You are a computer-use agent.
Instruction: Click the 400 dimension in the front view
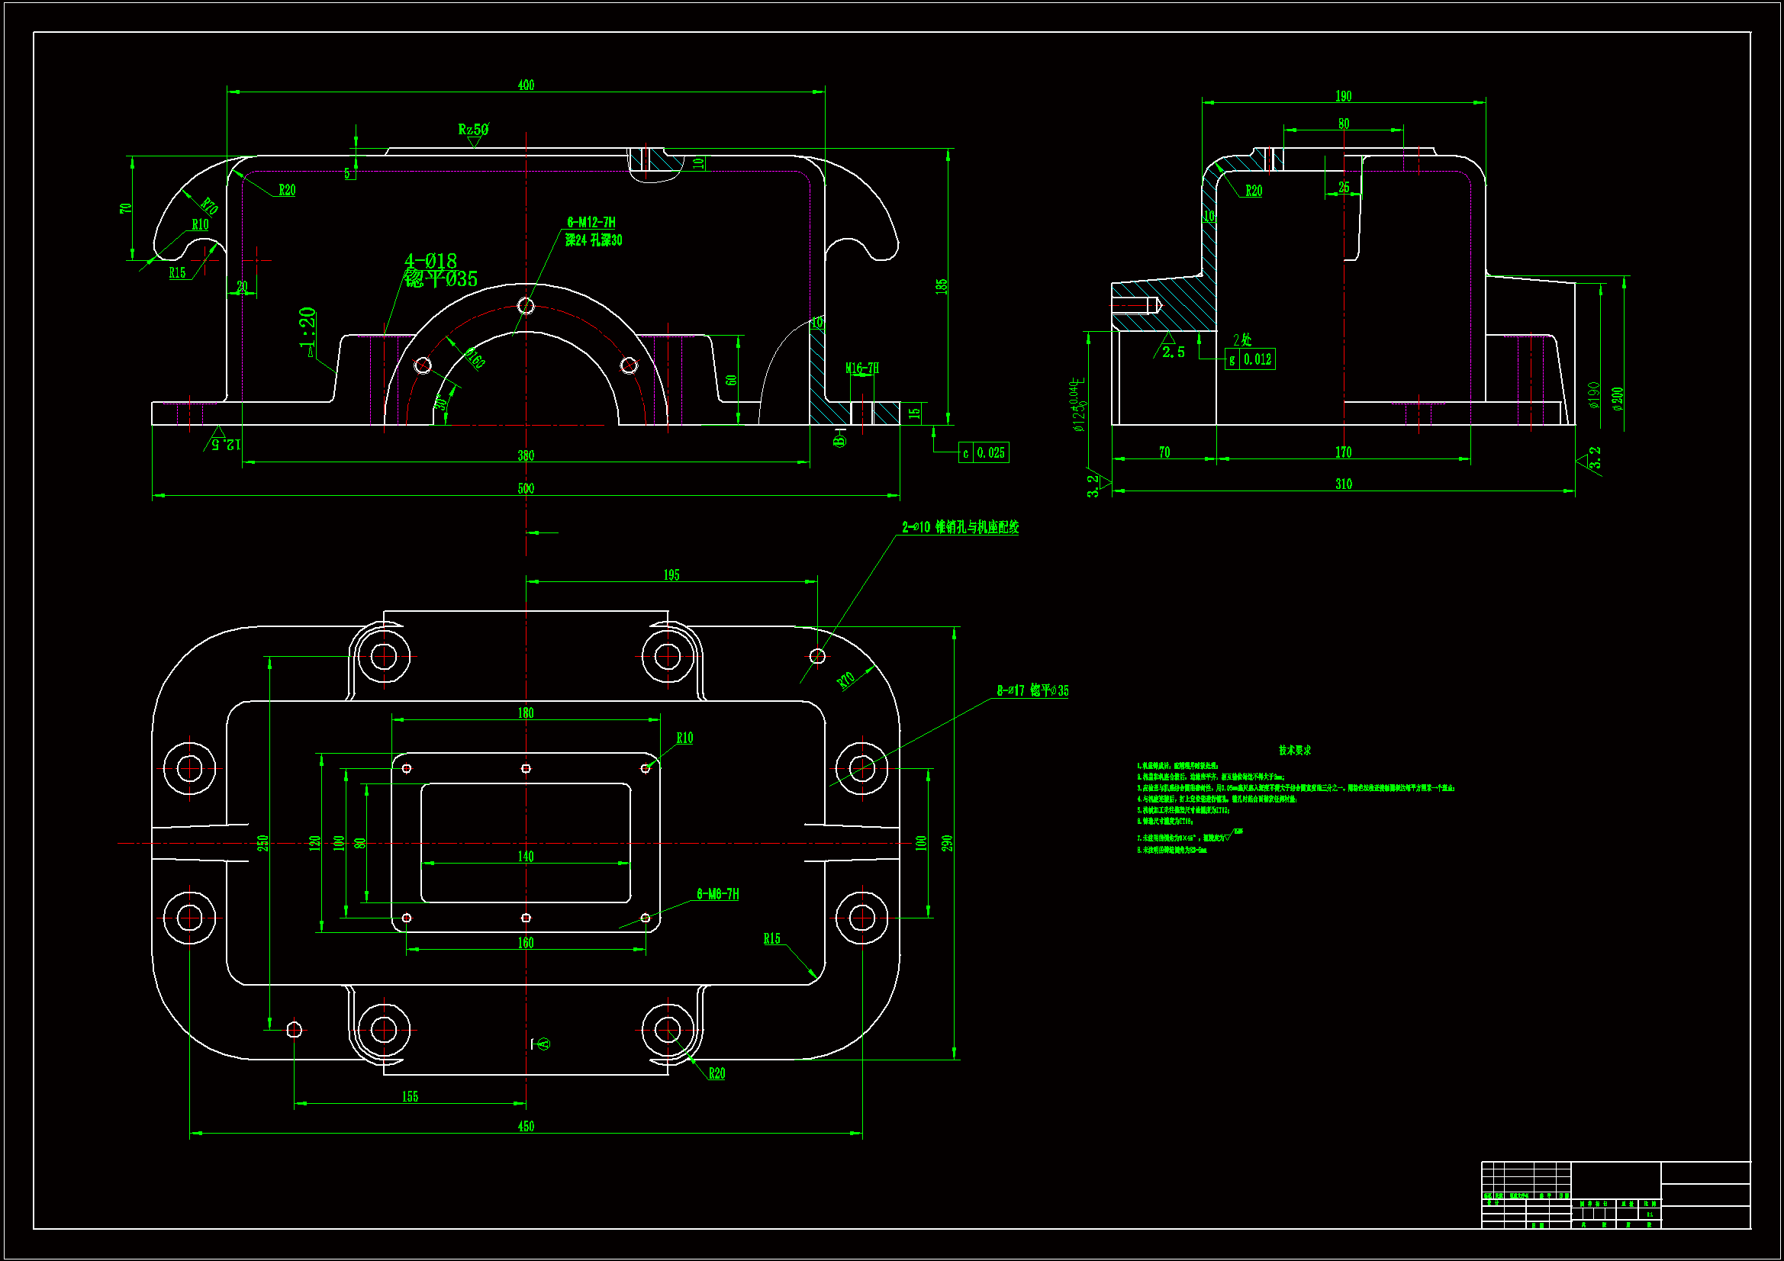click(526, 85)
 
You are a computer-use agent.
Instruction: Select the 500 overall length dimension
click(526, 489)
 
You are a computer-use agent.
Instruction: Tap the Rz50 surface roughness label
click(472, 130)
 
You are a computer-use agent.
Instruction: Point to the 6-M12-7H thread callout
click(591, 223)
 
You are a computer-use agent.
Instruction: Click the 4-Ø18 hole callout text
click(430, 261)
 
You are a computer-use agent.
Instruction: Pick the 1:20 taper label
click(308, 328)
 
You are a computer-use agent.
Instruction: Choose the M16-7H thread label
click(861, 368)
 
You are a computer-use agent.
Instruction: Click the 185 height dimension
click(942, 286)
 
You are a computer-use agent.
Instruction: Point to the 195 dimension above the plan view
click(671, 575)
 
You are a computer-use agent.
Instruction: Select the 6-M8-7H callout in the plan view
click(717, 894)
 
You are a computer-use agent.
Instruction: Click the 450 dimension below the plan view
click(526, 1127)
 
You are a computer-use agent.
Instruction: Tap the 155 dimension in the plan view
click(411, 1097)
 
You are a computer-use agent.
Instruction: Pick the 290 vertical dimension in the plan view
click(946, 843)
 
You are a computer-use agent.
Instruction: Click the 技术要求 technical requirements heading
click(1294, 751)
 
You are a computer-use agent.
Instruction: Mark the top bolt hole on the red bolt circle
click(526, 306)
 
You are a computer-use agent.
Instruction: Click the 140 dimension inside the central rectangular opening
click(526, 856)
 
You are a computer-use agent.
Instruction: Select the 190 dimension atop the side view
click(1344, 96)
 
